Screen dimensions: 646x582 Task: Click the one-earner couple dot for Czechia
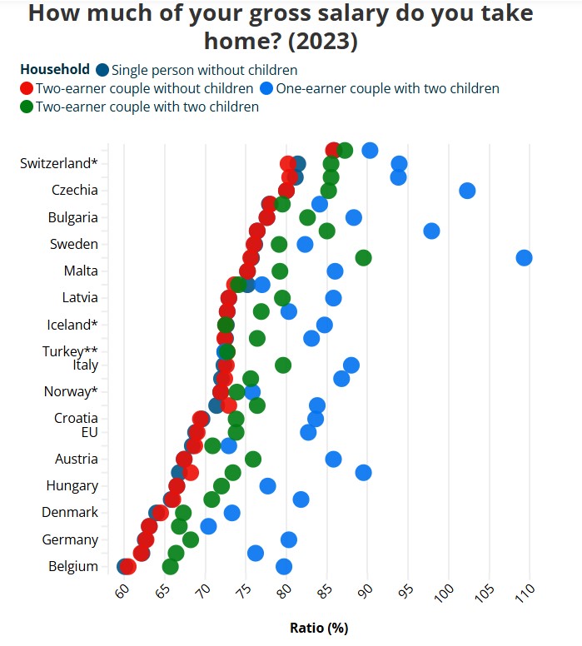(x=467, y=191)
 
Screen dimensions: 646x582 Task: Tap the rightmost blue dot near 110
(x=524, y=257)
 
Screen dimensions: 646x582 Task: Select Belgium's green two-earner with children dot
(x=171, y=566)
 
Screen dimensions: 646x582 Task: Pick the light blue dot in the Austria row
(x=333, y=459)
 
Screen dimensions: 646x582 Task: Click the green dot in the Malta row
(x=280, y=271)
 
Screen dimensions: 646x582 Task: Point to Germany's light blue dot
(x=289, y=539)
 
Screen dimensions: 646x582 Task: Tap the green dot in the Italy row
(x=283, y=365)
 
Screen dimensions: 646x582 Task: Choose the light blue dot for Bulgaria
(x=354, y=217)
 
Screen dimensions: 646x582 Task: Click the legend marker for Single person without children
(x=102, y=70)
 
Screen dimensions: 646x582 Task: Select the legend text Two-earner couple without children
(x=144, y=88)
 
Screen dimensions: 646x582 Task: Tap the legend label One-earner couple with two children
(x=387, y=88)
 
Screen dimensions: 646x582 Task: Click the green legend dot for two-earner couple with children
(x=27, y=107)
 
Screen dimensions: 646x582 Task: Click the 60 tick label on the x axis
(x=122, y=592)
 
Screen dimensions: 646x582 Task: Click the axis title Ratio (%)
(x=319, y=628)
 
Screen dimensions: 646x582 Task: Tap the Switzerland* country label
(x=59, y=163)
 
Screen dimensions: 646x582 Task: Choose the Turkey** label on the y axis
(x=70, y=351)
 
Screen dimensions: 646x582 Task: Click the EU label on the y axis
(x=89, y=432)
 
